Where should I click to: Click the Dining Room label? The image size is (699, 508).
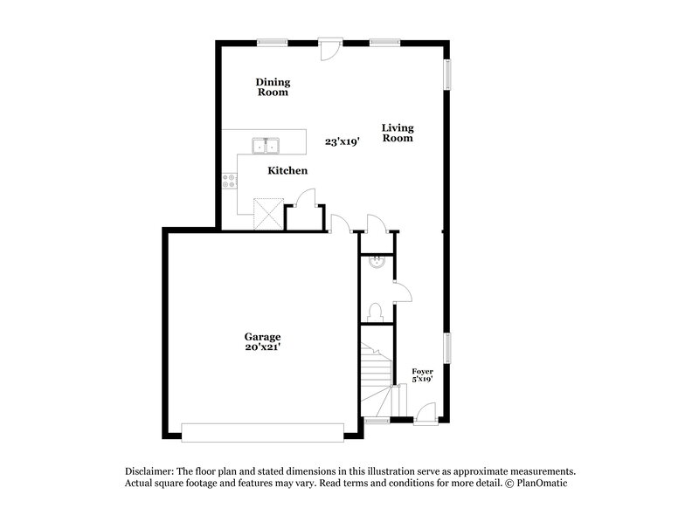272,87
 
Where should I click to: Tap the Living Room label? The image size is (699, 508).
397,133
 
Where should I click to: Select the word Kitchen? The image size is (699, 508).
287,170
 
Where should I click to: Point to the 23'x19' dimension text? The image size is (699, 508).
343,141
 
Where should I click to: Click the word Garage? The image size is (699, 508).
262,336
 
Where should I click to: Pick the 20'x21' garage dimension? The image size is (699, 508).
262,347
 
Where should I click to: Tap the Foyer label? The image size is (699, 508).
422,371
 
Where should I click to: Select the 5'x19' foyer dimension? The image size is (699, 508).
422,379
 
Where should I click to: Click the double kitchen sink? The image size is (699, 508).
266,144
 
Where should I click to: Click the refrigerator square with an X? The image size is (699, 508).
266,213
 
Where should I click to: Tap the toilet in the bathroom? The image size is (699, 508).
376,312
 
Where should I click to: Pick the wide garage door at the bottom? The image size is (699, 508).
262,432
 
